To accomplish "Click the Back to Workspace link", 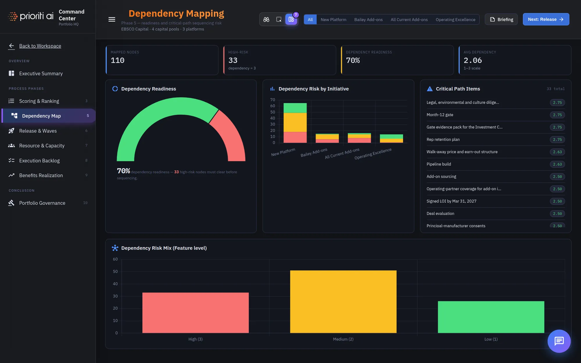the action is pos(40,46).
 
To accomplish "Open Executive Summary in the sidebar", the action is pos(41,73).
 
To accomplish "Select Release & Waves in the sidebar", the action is pos(38,131).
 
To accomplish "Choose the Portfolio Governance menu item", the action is pos(42,203).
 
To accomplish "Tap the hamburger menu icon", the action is pos(112,19).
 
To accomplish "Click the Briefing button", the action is pos(501,19).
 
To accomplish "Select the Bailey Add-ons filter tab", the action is pos(368,19).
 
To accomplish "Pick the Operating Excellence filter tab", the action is pos(456,19).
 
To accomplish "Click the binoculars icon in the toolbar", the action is pos(266,19).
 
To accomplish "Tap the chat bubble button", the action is pos(559,341).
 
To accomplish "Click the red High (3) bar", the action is pos(196,313).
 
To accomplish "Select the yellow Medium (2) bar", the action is pos(343,302).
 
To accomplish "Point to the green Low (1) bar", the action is pos(491,317).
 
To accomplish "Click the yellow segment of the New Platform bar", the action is pos(295,122).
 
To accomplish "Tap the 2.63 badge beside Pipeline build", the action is pos(557,164).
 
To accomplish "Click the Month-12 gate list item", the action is pos(440,115).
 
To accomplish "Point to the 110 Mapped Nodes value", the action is pos(118,60).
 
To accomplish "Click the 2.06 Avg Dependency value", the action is pos(473,60).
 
